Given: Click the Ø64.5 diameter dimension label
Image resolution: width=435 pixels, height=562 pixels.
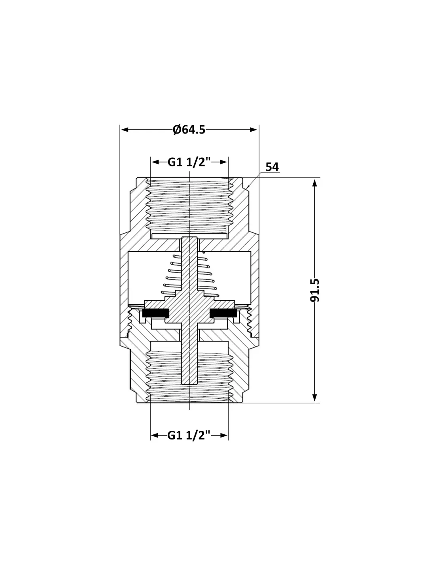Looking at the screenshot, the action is point(189,130).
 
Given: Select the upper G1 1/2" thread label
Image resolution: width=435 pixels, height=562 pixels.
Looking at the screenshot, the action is point(189,162).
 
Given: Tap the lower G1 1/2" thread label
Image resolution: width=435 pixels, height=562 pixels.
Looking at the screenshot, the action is point(189,435).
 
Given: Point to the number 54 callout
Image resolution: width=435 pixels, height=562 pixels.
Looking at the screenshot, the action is point(272,167).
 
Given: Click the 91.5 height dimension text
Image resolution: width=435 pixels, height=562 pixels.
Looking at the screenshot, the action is point(315,290).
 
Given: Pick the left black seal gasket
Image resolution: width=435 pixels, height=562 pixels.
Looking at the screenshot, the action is point(155,313).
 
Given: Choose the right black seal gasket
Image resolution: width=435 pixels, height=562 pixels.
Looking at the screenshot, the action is point(223,313).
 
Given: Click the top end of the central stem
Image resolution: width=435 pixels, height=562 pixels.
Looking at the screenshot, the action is point(189,237).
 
